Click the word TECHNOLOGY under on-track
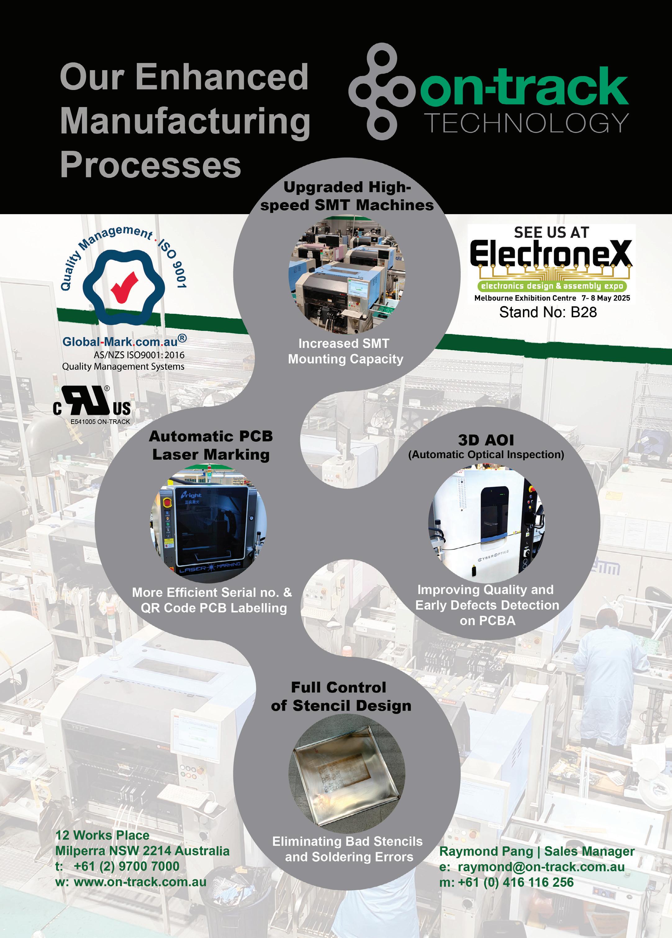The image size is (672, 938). (526, 123)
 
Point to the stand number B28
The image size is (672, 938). (584, 312)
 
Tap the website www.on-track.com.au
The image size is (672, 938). (140, 882)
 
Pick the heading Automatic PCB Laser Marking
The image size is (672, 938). (211, 445)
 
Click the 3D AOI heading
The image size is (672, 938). (486, 440)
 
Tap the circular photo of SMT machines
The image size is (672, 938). (346, 275)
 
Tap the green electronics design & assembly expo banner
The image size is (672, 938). (552, 286)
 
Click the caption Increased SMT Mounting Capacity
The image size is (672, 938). (345, 351)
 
